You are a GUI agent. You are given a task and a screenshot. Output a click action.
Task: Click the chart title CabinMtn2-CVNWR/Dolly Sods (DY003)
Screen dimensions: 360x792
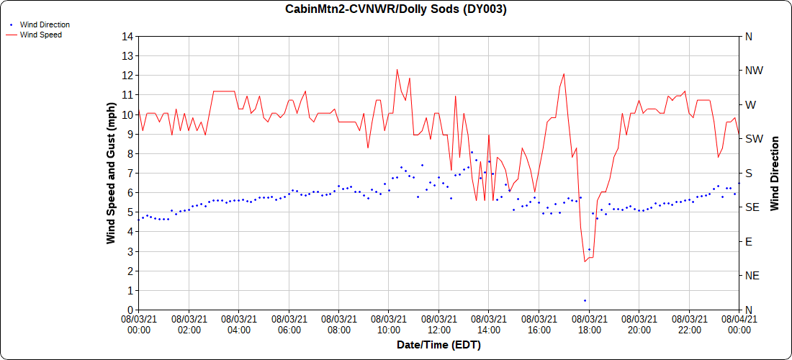tap(395, 9)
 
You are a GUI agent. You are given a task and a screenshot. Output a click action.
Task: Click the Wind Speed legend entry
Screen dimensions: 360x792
tap(40, 35)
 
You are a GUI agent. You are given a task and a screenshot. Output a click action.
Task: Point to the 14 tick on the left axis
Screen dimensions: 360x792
tap(127, 36)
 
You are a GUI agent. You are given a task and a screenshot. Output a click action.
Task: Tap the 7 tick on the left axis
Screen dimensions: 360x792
tap(130, 173)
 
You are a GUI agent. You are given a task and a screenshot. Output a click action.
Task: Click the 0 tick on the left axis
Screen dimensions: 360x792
tap(130, 310)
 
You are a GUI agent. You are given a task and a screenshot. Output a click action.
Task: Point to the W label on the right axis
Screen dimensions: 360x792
tap(750, 104)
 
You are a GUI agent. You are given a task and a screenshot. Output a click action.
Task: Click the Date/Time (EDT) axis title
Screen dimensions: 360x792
tap(438, 346)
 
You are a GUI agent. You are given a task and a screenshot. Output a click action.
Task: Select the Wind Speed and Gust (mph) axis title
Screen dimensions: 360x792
tap(111, 173)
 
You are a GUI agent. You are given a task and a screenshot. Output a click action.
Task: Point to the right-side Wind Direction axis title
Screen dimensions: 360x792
tap(775, 173)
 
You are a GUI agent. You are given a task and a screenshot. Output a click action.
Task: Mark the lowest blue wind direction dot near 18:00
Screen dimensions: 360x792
tap(585, 300)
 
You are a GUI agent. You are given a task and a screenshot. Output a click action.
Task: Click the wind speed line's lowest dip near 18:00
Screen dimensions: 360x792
tap(585, 261)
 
